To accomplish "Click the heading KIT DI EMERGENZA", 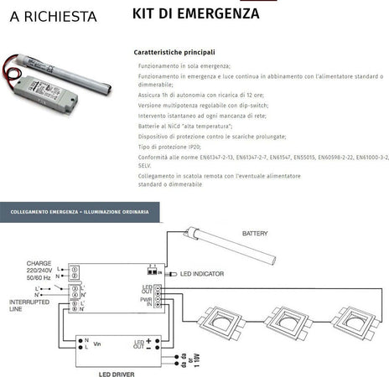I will [195, 13].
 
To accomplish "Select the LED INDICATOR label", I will [204, 274].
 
